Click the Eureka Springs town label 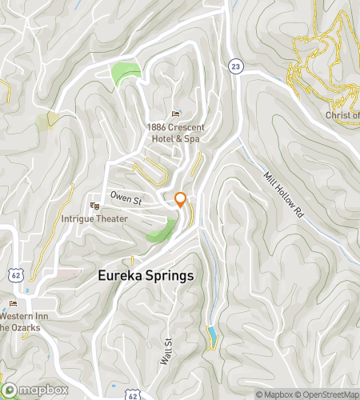pos(146,275)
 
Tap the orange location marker pos(181,200)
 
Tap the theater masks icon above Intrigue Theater pos(95,206)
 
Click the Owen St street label pos(126,196)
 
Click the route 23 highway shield pos(234,65)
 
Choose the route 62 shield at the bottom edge pos(133,395)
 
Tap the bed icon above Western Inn pos(13,304)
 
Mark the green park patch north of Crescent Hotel pos(126,74)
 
